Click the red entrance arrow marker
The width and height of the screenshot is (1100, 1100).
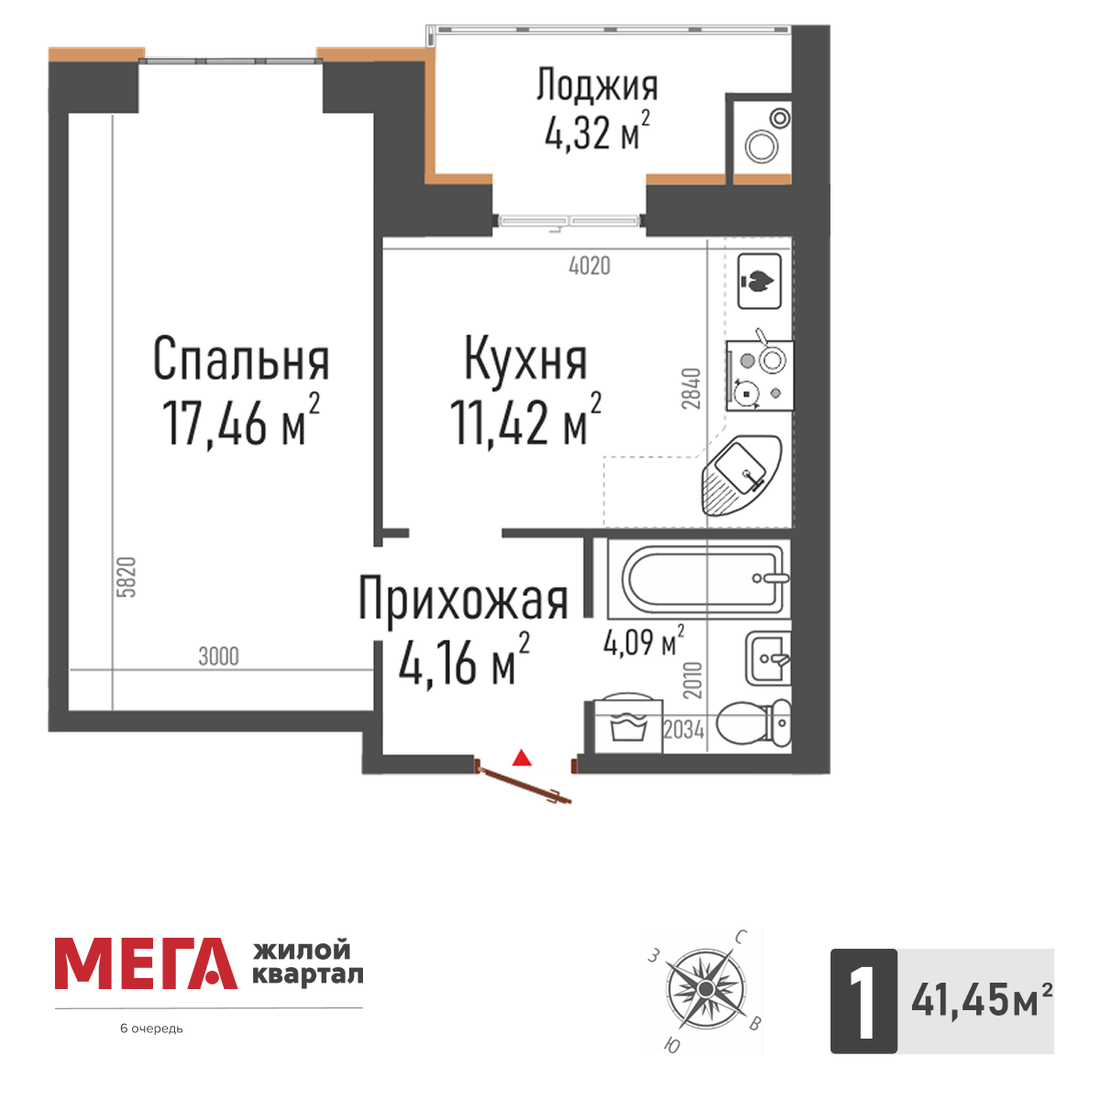click(x=522, y=758)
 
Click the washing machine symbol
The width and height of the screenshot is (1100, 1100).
click(x=627, y=723)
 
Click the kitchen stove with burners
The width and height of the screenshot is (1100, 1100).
click(x=759, y=375)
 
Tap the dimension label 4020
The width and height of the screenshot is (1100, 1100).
click(x=589, y=267)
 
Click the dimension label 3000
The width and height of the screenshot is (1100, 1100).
click(x=218, y=656)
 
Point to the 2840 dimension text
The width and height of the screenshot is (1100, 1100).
click(x=692, y=389)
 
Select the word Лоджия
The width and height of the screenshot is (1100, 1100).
click(x=597, y=86)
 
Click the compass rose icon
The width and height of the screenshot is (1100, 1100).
click(x=704, y=989)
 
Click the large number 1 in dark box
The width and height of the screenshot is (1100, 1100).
click(x=863, y=1001)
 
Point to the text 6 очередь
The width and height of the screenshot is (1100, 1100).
click(x=152, y=1028)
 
